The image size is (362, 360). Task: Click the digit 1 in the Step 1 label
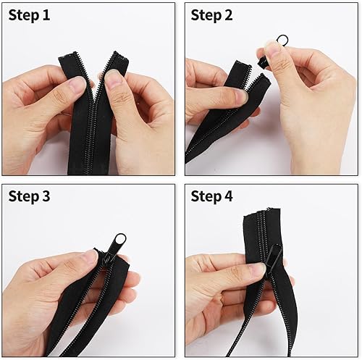pos(46,15)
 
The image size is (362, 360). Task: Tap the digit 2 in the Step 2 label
pos(228,15)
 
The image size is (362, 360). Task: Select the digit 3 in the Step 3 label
pos(46,196)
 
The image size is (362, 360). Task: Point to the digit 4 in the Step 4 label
pos(228,196)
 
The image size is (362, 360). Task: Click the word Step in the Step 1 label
pos(23,16)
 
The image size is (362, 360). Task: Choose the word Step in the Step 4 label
pos(206,197)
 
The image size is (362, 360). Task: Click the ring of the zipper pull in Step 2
pos(283,39)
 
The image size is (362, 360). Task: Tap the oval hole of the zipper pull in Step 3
pos(120,240)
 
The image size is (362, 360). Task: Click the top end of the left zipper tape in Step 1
pos(69,55)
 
